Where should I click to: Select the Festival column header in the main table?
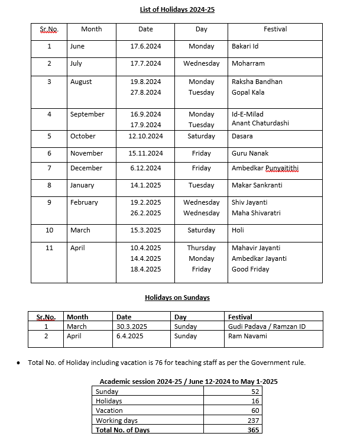pos(275,29)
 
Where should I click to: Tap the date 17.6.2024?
pos(145,46)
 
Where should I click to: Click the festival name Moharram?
pos(248,63)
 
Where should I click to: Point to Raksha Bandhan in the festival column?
pos(257,82)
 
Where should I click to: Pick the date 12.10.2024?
pos(145,136)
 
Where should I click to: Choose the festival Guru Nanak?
pos(250,153)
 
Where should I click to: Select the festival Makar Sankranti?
pos(257,185)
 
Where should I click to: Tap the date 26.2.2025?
pos(145,213)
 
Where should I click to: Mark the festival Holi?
pos(238,230)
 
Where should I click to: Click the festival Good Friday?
pos(251,269)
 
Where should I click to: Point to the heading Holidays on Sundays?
pos(177,298)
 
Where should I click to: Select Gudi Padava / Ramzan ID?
pos(267,326)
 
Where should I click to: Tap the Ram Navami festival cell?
pos(248,336)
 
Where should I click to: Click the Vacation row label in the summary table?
pos(109,410)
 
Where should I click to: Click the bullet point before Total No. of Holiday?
pos(20,363)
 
